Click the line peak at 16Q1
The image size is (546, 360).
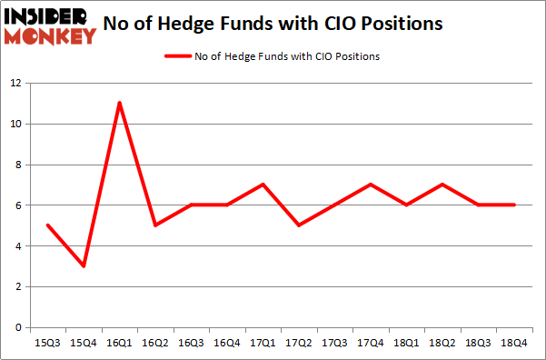[x=119, y=103]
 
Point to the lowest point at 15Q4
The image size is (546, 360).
[x=84, y=266]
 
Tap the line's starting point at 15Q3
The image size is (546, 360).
[x=48, y=225]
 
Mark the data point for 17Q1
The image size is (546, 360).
[x=261, y=185]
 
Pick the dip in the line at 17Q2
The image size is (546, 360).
[x=297, y=225]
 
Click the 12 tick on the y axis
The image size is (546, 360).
[x=16, y=83]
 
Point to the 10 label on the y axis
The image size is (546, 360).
[x=16, y=124]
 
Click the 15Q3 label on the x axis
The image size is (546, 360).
[x=48, y=343]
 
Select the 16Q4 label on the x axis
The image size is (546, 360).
[x=225, y=343]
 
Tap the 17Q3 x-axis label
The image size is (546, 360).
[x=333, y=343]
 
